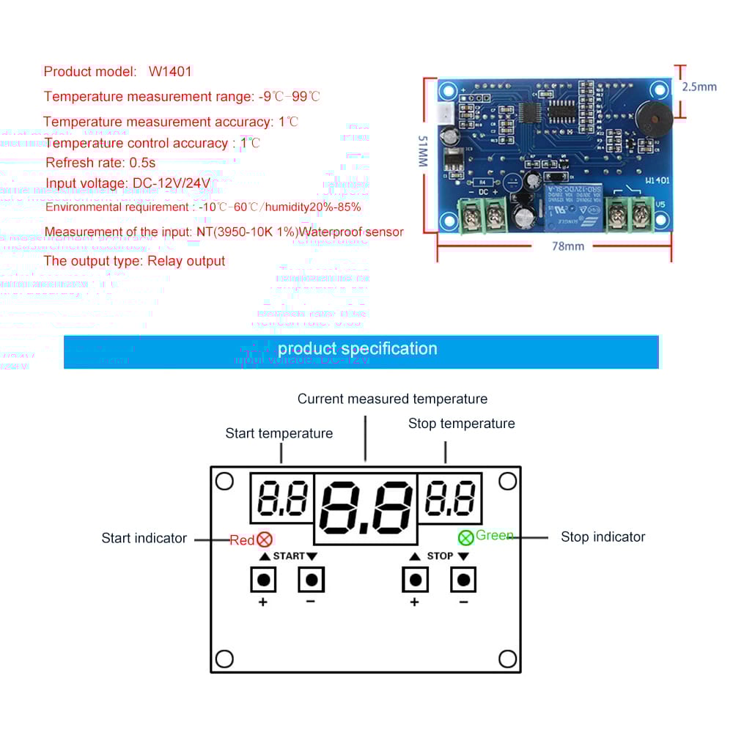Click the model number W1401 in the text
click(x=170, y=72)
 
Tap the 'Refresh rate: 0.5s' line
click(x=100, y=163)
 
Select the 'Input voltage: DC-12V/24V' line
click(x=128, y=183)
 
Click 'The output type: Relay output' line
click(x=135, y=261)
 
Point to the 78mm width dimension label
click(x=568, y=246)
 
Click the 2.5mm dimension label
click(x=699, y=86)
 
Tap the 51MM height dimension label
click(x=423, y=151)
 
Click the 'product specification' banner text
click(x=358, y=349)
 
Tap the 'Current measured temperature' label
click(x=392, y=399)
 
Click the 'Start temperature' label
click(x=279, y=434)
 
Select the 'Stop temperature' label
click(x=461, y=424)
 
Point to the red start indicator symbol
click(x=264, y=540)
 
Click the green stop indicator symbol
click(x=465, y=537)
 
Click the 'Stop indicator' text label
click(x=603, y=537)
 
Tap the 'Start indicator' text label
click(x=144, y=539)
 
